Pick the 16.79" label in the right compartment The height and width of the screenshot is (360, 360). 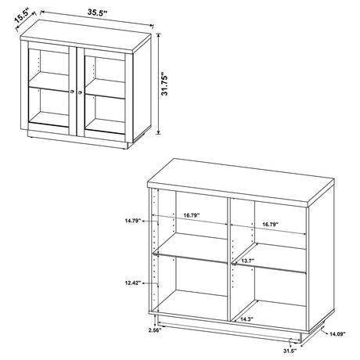click(x=270, y=225)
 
